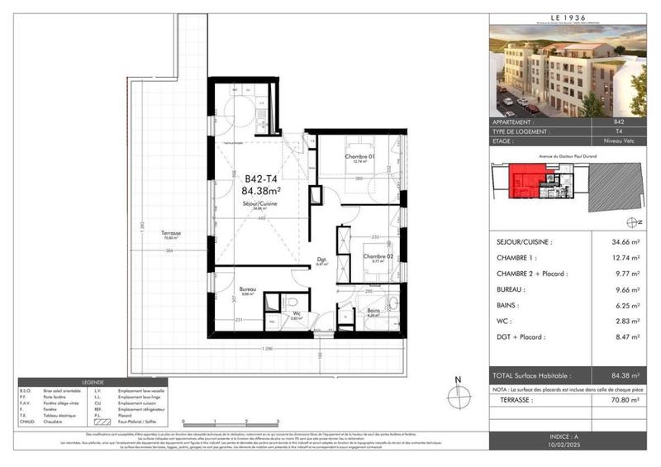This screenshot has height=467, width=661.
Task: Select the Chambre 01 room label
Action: click(359, 157)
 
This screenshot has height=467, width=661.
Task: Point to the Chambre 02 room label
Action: click(376, 256)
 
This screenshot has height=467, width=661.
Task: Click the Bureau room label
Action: click(248, 289)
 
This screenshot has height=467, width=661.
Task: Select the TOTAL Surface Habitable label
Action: click(540, 374)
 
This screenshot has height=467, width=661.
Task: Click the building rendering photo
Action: click(569, 70)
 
